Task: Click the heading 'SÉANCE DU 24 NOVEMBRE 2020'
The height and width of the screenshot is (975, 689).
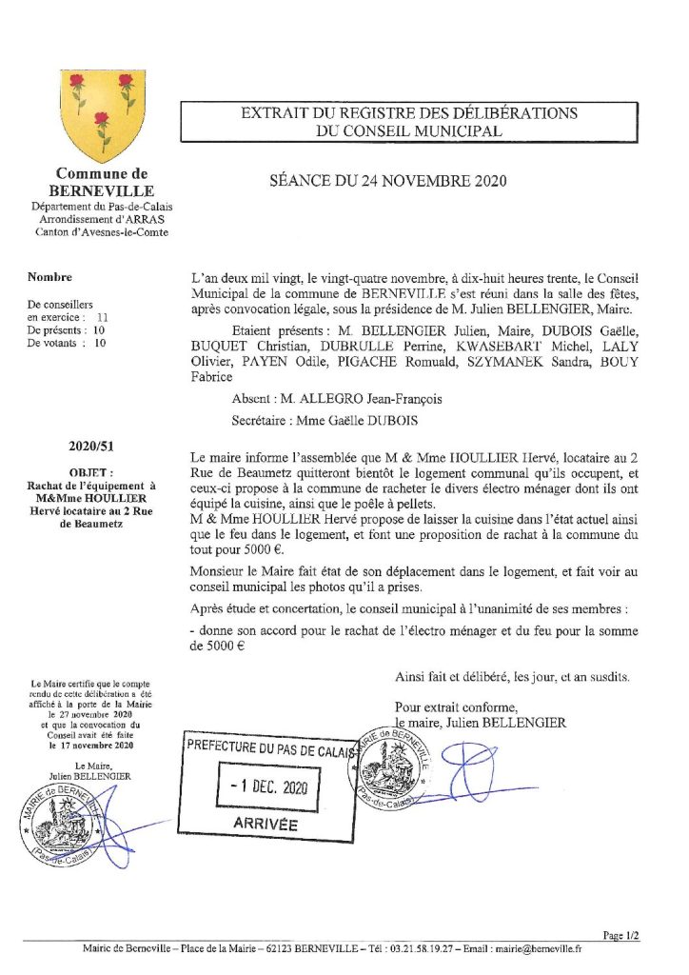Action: pyautogui.click(x=388, y=180)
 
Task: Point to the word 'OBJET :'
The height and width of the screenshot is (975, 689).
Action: pyautogui.click(x=90, y=471)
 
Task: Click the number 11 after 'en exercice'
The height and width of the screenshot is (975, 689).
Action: pyautogui.click(x=103, y=317)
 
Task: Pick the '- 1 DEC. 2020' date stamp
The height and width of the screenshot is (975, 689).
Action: pyautogui.click(x=266, y=789)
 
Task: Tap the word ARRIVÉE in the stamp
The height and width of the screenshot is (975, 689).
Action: pyautogui.click(x=266, y=824)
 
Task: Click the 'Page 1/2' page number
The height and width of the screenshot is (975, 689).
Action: pyautogui.click(x=621, y=935)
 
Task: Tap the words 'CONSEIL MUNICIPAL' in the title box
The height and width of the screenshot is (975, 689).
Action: pyautogui.click(x=409, y=131)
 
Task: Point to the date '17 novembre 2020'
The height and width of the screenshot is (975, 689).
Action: pyautogui.click(x=89, y=746)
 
